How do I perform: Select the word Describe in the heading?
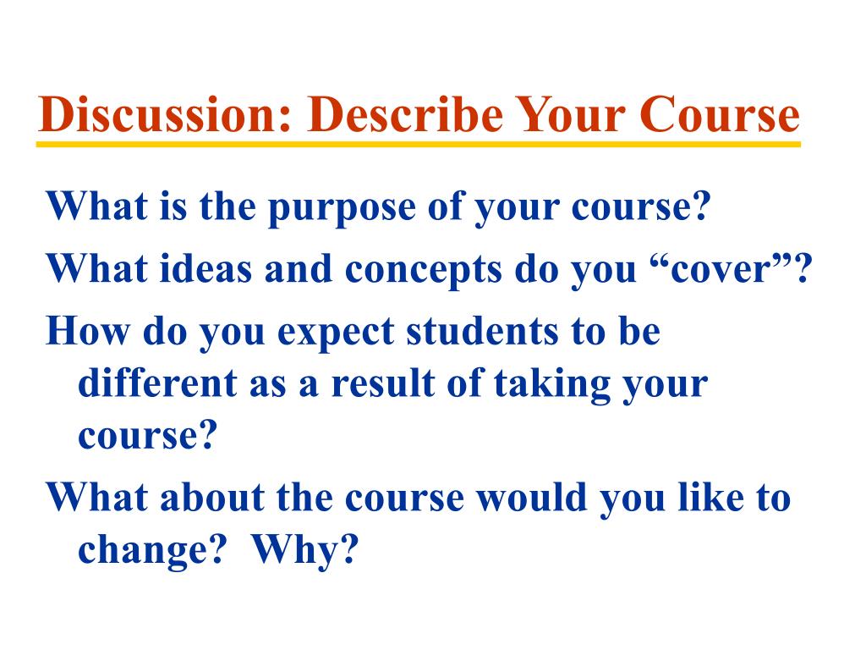pyautogui.click(x=405, y=114)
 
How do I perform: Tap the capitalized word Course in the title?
pyautogui.click(x=720, y=114)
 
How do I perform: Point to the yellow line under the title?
pyautogui.click(x=418, y=144)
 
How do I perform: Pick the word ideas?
pyautogui.click(x=206, y=269)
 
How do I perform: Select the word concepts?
pyautogui.click(x=423, y=272)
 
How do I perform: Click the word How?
pyautogui.click(x=88, y=332)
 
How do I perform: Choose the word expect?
pyautogui.click(x=336, y=333)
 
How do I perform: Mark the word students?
pyautogui.click(x=482, y=332)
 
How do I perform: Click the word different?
pyautogui.click(x=157, y=383)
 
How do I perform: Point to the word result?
pyautogui.click(x=383, y=383)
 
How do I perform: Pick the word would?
pyautogui.click(x=531, y=497)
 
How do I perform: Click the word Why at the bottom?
pyautogui.click(x=293, y=551)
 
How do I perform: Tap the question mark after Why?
pyautogui.click(x=348, y=548)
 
